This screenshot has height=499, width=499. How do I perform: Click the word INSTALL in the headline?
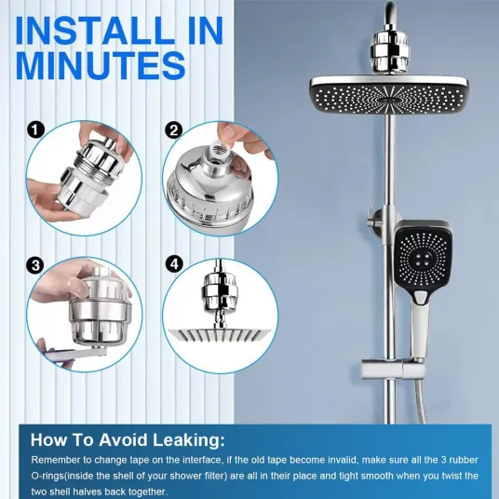96,30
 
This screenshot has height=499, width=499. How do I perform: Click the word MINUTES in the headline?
101,66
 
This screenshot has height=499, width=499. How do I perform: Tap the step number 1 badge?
35,129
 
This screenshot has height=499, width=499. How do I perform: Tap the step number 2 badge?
174,129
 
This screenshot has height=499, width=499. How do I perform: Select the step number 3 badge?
35,264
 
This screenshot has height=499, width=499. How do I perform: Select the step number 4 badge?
174,264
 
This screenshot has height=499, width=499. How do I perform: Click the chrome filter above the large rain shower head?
386,51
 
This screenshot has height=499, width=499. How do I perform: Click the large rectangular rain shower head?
389,95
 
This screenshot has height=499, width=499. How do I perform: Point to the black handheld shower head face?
424,257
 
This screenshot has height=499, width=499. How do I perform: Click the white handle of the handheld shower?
419,328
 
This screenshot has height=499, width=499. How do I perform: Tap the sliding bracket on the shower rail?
393,369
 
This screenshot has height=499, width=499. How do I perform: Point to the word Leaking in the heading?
189,440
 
